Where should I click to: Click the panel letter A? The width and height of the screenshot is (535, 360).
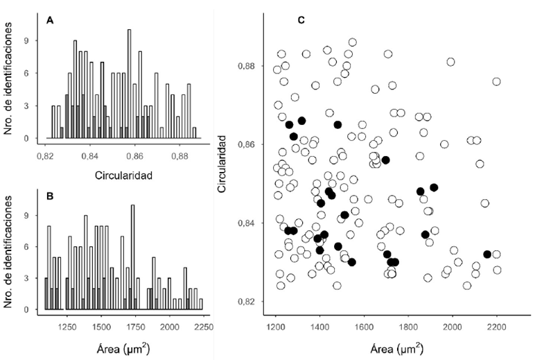pyautogui.click(x=50, y=20)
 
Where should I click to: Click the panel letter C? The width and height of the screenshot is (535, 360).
pyautogui.click(x=301, y=20)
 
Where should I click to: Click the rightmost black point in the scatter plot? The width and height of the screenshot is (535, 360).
pyautogui.click(x=487, y=255)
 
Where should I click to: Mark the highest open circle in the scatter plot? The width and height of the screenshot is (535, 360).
pyautogui.click(x=353, y=42)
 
